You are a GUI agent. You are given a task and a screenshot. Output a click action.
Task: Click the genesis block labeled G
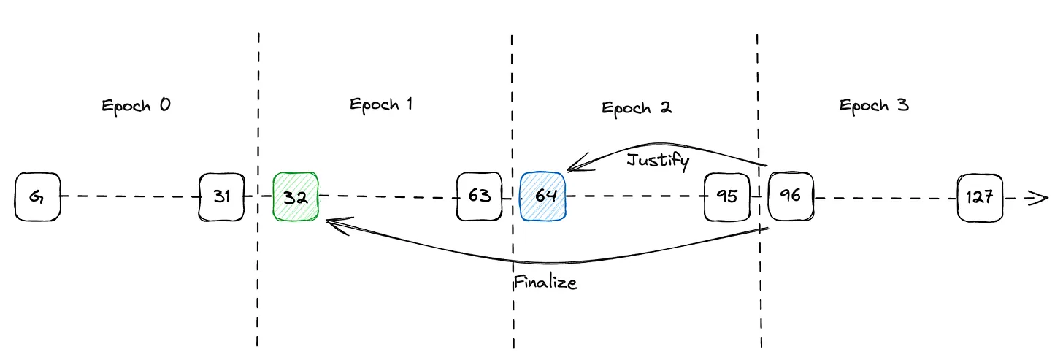(x=37, y=196)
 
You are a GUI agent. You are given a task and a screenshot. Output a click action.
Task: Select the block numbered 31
(x=221, y=196)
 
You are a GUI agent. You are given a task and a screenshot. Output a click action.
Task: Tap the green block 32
(x=296, y=196)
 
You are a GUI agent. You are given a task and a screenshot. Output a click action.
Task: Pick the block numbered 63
(x=479, y=196)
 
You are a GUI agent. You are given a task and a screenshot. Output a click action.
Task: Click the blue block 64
(x=543, y=196)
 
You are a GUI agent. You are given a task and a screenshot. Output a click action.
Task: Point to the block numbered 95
(x=727, y=196)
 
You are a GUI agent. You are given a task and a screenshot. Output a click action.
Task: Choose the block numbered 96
(x=791, y=196)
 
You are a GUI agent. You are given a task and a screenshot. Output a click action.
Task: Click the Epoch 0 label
(x=136, y=106)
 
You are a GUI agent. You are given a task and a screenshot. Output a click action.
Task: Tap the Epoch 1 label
(x=381, y=104)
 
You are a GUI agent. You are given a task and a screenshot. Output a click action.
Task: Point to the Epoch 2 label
(x=637, y=108)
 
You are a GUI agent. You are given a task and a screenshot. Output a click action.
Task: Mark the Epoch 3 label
(x=874, y=106)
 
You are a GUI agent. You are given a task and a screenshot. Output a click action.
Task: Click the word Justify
(x=657, y=160)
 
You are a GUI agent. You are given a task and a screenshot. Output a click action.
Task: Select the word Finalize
(x=545, y=282)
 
